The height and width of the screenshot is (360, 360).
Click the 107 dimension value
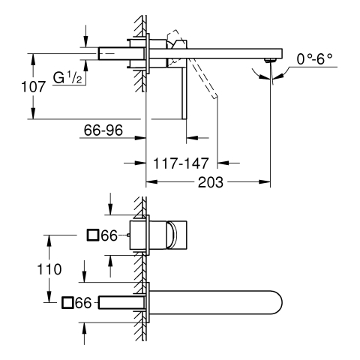34,87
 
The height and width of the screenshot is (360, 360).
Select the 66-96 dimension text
103,130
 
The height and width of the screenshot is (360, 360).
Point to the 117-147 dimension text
181,163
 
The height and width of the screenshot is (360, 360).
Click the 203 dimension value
211,182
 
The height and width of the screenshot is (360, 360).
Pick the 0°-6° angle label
314,59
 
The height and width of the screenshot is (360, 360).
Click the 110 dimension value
49,269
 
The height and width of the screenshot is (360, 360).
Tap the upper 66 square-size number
109,235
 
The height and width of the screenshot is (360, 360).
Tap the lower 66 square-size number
83,303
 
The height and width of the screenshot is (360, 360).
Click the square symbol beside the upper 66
92,235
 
